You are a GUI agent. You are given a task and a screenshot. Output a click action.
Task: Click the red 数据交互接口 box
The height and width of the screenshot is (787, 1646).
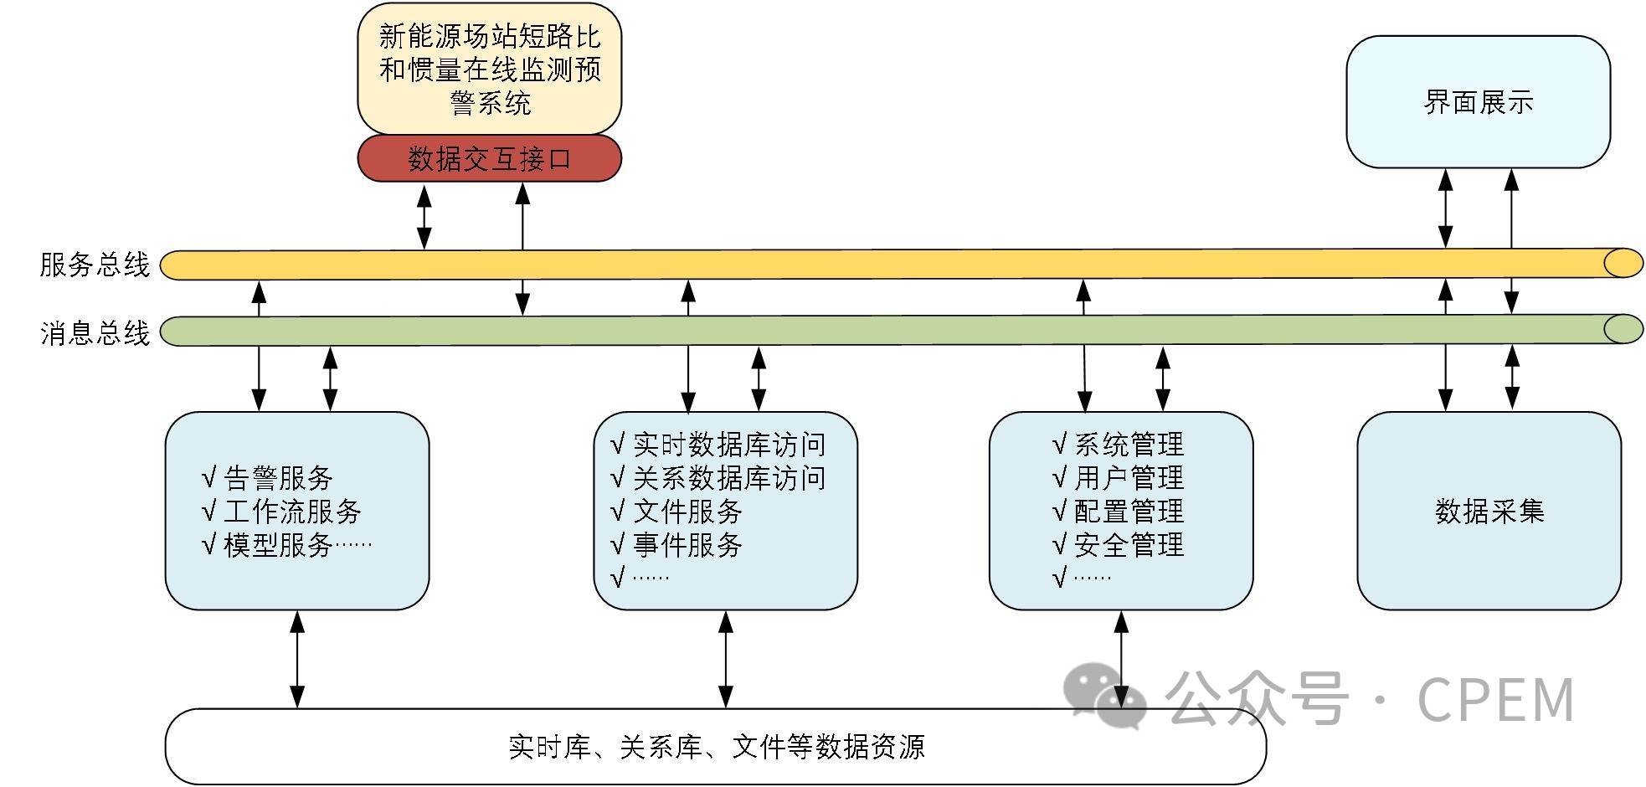pos(490,158)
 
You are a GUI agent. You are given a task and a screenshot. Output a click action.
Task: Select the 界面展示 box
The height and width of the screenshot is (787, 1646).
pos(1478,102)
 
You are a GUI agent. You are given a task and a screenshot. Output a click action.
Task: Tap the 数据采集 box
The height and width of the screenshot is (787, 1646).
pos(1489,511)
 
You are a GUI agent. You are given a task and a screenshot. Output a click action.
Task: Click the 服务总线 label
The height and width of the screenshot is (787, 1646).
pos(95,265)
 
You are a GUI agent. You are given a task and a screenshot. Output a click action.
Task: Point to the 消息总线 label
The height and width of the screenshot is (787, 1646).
pos(95,333)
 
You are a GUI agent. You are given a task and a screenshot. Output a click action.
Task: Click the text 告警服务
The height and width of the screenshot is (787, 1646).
pos(278,478)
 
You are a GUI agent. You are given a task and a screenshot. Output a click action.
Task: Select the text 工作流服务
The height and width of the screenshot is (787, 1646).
pos(292,512)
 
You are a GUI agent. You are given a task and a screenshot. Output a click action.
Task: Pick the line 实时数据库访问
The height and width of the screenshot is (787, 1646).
pos(728,445)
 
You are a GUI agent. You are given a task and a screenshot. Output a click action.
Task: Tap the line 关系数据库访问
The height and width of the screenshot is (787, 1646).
pos(728,478)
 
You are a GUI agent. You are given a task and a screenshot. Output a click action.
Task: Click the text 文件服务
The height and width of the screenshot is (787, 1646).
pos(687,512)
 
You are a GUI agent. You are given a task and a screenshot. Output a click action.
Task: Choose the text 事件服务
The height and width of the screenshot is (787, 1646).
pos(687,545)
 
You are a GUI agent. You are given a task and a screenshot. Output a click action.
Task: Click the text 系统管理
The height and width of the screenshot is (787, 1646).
pos(1129,445)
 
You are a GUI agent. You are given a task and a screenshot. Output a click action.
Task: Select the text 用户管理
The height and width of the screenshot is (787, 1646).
pos(1129,478)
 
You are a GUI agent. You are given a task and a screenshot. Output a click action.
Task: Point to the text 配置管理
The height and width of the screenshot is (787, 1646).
pos(1129,512)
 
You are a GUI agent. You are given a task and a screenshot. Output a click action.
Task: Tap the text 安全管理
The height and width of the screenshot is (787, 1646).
pos(1129,545)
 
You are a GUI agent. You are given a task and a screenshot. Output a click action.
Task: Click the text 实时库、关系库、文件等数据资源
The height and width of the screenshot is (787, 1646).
pos(716,747)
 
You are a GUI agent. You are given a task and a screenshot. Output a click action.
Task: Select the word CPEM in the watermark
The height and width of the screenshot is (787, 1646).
pos(1495,700)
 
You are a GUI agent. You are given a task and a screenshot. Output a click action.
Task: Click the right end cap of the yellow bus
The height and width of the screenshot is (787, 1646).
pos(1623,264)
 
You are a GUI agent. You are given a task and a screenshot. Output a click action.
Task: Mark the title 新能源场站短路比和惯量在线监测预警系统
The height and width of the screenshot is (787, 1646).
pos(490,69)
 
